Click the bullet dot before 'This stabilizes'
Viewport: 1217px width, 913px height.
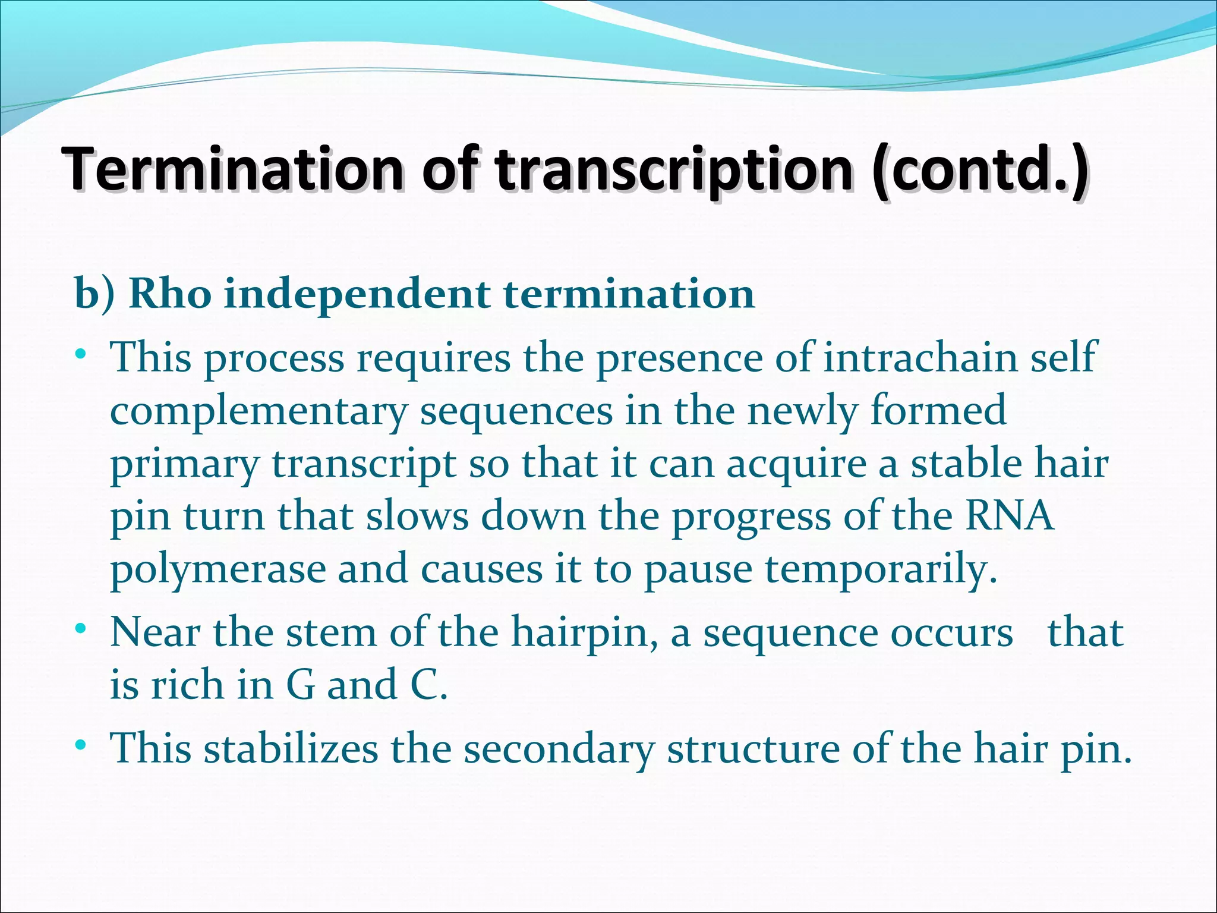[81, 744]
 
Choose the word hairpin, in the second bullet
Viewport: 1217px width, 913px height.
[585, 632]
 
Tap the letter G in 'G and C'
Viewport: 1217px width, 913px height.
[300, 684]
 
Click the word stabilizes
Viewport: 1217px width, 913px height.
[291, 748]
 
